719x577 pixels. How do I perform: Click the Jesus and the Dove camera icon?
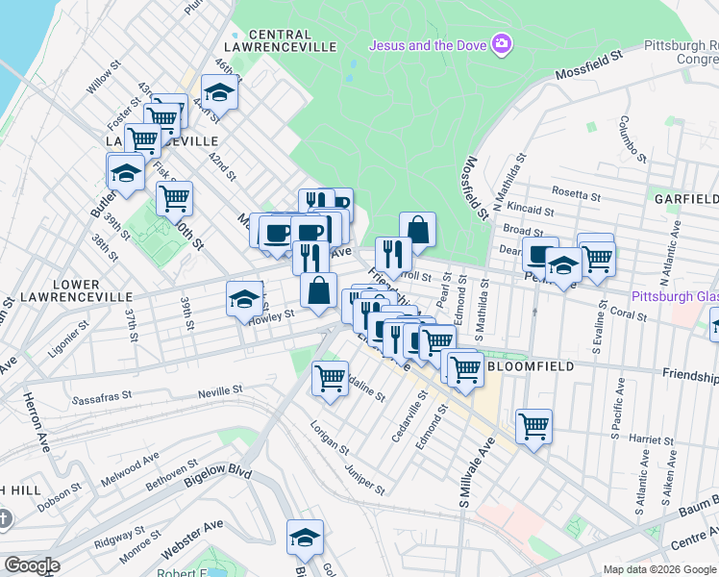(x=501, y=44)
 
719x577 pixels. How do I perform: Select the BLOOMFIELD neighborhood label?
(x=532, y=366)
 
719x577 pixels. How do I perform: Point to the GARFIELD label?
(x=686, y=200)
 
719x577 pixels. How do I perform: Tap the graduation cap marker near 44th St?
(x=220, y=94)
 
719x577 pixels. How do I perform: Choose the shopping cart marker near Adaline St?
(x=330, y=377)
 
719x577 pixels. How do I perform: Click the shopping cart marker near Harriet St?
(x=533, y=425)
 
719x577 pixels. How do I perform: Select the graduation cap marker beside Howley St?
(x=244, y=299)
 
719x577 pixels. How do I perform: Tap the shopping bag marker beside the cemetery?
(x=417, y=230)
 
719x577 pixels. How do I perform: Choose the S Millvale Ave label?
(x=478, y=472)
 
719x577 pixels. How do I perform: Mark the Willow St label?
(x=99, y=81)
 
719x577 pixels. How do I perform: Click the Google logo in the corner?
(x=31, y=565)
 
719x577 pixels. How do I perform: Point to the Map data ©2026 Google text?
(x=658, y=569)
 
